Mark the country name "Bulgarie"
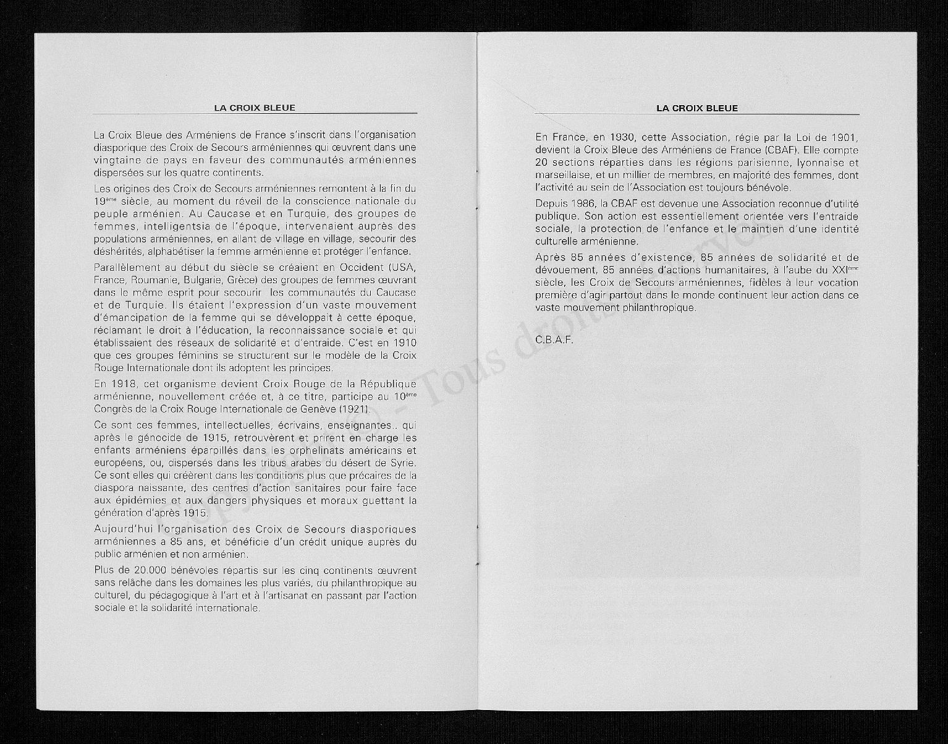coord(205,280)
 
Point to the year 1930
coord(622,137)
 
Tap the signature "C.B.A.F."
coord(554,340)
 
